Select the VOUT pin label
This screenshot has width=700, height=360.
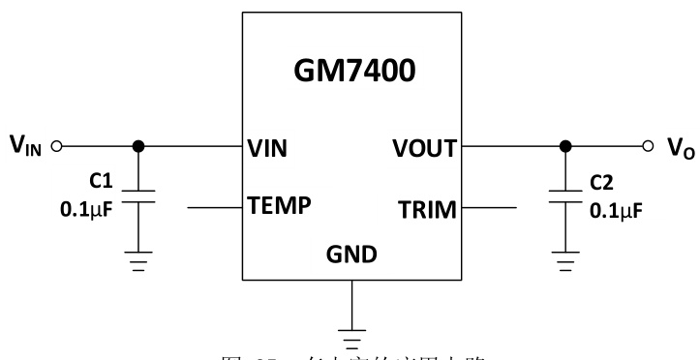[x=425, y=148]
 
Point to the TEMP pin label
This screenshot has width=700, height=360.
[x=281, y=207]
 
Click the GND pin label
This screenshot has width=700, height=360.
[x=351, y=255]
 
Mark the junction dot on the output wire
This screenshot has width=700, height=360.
[x=563, y=146]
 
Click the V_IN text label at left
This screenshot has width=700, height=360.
[x=26, y=147]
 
